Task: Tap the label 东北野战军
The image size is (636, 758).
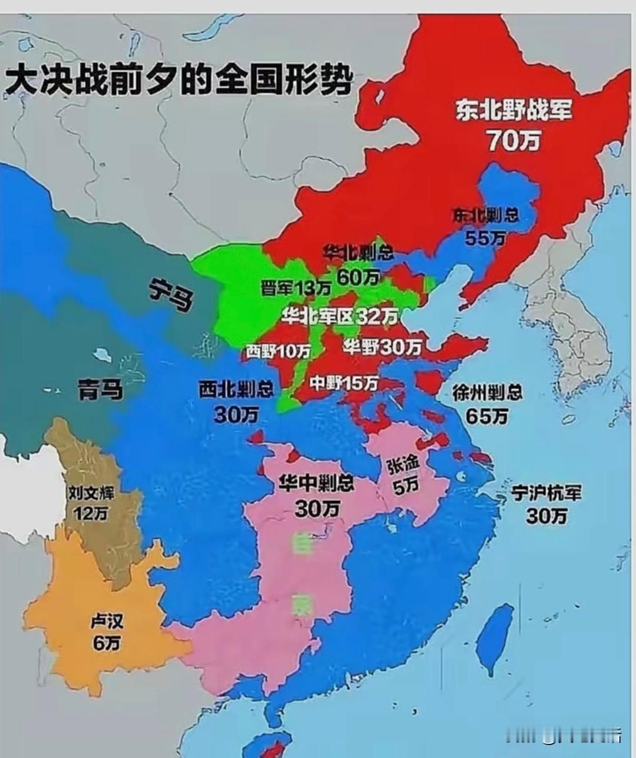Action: [513, 110]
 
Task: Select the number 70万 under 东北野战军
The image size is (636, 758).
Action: [513, 140]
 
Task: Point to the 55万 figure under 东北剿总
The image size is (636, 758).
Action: [485, 238]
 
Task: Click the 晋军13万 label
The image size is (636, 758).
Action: [296, 288]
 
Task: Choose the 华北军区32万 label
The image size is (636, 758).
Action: [340, 316]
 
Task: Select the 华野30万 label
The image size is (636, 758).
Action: [383, 347]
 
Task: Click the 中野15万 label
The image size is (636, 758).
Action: [344, 383]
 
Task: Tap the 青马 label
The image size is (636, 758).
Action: [101, 389]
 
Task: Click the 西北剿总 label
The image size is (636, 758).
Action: [236, 389]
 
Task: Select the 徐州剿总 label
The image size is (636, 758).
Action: [487, 392]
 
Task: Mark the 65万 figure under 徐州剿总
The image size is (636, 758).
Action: [487, 416]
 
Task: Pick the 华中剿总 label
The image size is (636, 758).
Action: [317, 484]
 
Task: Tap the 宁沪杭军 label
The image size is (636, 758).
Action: [546, 492]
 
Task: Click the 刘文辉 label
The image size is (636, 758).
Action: [91, 492]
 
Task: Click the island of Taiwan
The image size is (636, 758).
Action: [493, 638]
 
